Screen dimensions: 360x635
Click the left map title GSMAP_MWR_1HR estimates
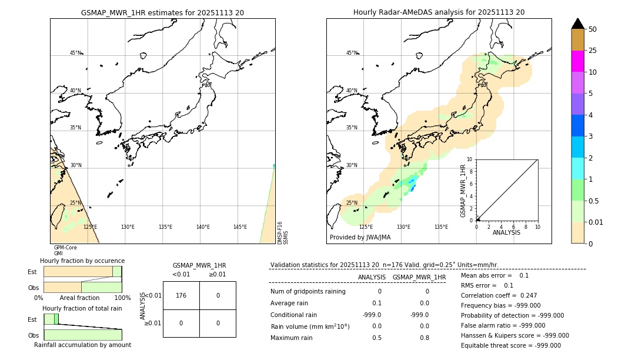(162, 12)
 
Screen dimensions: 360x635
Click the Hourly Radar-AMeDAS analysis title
(439, 12)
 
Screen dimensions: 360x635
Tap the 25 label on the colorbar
(593, 51)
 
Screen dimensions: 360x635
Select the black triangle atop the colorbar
(578, 24)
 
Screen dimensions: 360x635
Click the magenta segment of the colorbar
(578, 61)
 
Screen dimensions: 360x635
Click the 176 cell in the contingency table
(181, 295)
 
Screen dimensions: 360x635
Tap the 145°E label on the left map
(240, 227)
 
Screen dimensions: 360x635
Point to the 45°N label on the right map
(352, 53)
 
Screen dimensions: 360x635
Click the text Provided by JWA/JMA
(360, 238)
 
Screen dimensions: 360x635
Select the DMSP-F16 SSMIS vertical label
(283, 233)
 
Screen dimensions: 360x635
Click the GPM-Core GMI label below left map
(65, 251)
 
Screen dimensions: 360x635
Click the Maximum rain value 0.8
(424, 338)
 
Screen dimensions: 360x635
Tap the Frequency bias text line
(500, 305)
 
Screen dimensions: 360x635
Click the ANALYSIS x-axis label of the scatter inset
(506, 232)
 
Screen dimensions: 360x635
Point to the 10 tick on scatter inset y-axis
(469, 159)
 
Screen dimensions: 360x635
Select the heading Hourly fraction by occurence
(82, 261)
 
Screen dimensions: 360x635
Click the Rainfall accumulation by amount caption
(82, 345)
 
